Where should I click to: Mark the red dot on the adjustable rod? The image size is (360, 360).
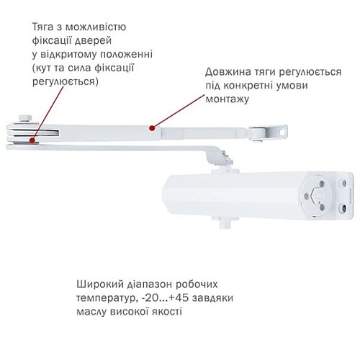[150, 129]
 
